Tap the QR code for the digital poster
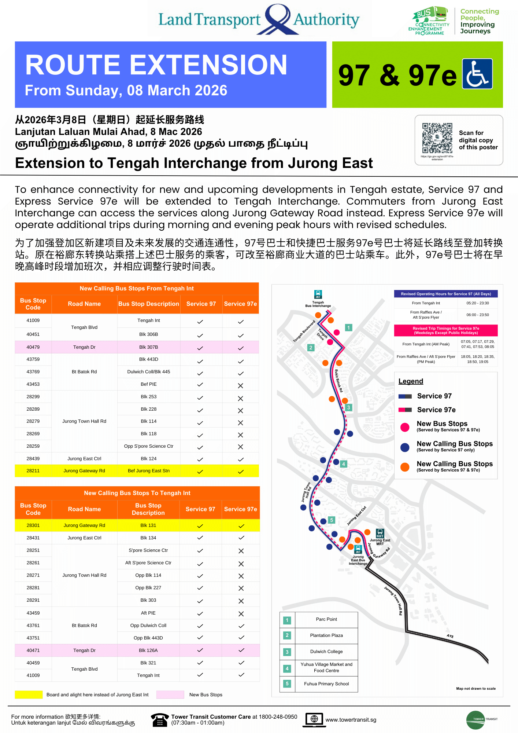[437, 138]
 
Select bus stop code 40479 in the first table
[33, 347]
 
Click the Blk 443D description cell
[149, 359]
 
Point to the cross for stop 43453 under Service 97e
[240, 385]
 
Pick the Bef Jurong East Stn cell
[149, 471]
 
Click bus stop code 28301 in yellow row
[33, 525]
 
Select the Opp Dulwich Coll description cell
[148, 626]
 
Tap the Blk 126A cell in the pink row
[148, 650]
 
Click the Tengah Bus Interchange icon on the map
[318, 294]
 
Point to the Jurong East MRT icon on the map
[380, 533]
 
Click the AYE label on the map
[450, 636]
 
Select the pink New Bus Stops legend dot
[405, 427]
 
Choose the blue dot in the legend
[405, 447]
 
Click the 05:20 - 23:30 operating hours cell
[477, 303]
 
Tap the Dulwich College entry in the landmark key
[326, 652]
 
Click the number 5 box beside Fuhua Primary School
[287, 683]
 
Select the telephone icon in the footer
[160, 720]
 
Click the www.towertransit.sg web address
[351, 720]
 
